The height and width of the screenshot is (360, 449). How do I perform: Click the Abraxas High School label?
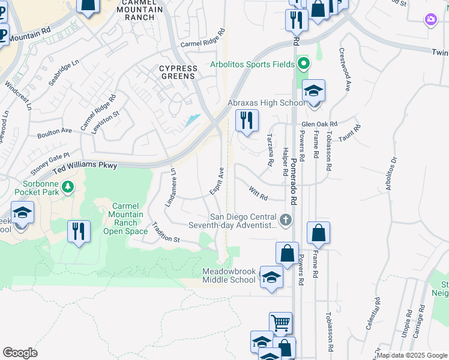266,103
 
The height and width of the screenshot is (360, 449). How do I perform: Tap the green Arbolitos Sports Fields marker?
304,64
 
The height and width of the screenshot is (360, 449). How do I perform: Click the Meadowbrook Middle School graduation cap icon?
271,278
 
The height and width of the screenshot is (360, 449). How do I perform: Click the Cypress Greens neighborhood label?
177,73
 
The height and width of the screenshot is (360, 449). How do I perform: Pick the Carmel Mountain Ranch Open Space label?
126,218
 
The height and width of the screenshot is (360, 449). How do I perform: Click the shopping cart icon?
280,323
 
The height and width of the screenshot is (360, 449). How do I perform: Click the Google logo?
20,353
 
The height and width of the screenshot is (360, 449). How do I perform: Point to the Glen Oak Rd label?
319,124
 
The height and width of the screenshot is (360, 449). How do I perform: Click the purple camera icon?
430,20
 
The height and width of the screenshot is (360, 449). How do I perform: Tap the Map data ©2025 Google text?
411,355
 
